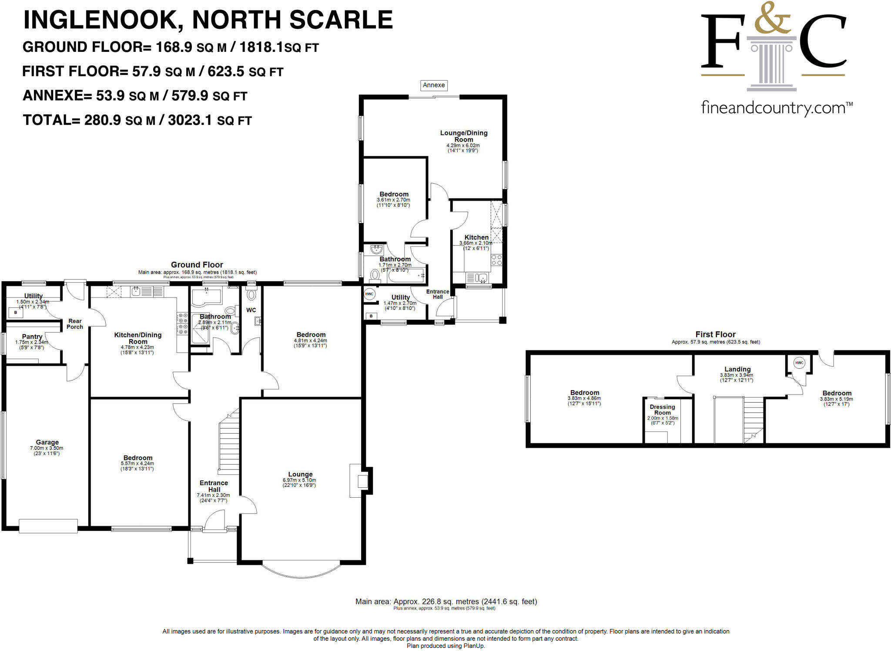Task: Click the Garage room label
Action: [x=47, y=442]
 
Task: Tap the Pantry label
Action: [x=32, y=337]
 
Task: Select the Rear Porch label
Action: [x=75, y=324]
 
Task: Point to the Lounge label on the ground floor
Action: [x=300, y=474]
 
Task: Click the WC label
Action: [x=251, y=310]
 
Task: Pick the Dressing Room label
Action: [x=662, y=410]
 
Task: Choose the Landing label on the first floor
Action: [x=737, y=369]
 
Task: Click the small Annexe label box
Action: [x=434, y=85]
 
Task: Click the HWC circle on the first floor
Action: [x=799, y=363]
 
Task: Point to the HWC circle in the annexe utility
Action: [x=369, y=294]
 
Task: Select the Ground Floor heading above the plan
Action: [x=197, y=265]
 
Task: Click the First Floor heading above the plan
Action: [x=715, y=334]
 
